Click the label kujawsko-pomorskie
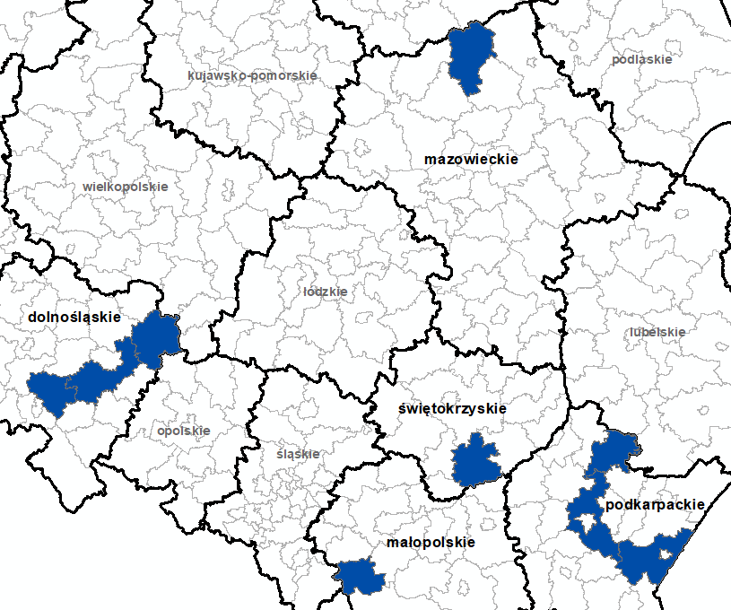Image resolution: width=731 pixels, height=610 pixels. point(252,75)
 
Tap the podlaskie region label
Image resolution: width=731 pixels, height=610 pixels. point(641,60)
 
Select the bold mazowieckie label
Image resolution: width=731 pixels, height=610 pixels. point(472,159)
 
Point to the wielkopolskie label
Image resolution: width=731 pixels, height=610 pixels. point(125,187)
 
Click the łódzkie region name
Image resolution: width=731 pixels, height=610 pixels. point(326,292)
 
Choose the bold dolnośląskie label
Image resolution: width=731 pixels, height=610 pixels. point(74,317)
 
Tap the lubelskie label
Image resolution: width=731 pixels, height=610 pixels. point(657,332)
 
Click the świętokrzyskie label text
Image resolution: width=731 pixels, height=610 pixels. point(452,408)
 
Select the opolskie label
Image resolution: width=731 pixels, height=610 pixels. point(183,431)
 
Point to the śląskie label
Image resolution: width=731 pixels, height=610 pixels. point(298,454)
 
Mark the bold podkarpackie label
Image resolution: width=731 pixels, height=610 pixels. point(655,505)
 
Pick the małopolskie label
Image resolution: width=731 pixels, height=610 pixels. point(431,543)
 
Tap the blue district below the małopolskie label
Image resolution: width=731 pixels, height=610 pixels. point(361,577)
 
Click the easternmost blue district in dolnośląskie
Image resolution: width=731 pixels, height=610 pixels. point(157,339)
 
